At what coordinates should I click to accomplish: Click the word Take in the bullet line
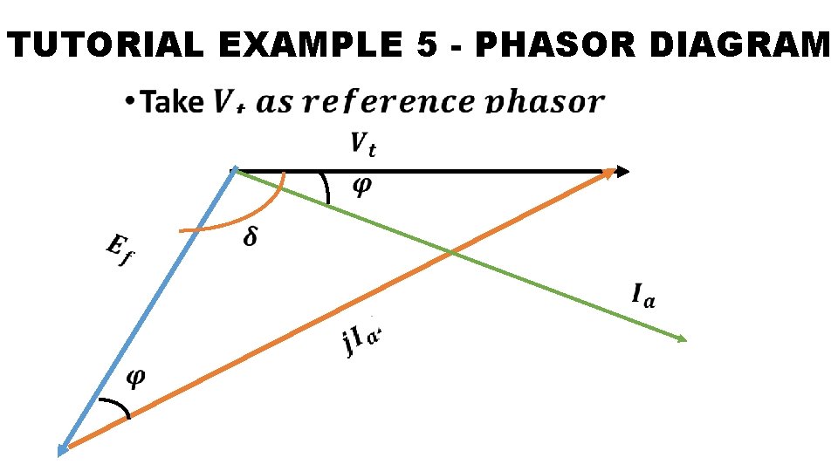172,102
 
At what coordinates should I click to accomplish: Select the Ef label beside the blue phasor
118,252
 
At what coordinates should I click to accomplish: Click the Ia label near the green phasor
644,296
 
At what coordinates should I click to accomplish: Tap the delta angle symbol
251,237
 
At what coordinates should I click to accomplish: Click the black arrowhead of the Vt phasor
621,172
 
